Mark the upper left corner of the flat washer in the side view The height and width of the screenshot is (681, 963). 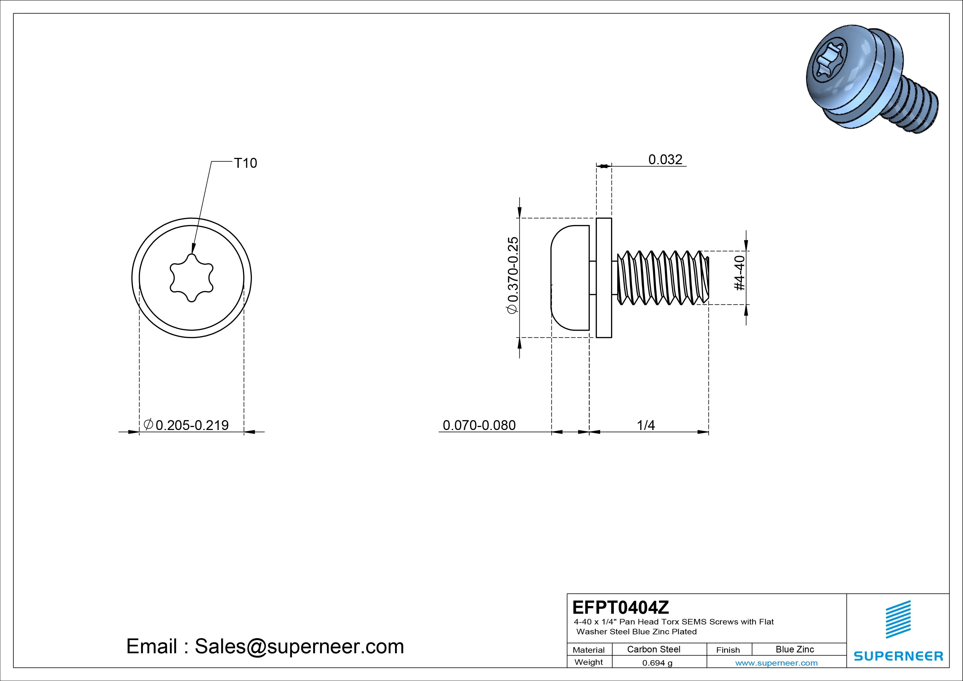coord(597,218)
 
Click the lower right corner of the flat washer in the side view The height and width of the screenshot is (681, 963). coord(612,337)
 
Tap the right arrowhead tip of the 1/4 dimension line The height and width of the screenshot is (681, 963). coord(709,432)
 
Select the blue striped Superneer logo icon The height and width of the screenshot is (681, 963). coord(898,619)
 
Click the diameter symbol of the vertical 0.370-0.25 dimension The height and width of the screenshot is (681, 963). coord(513,309)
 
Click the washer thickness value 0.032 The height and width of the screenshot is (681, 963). coord(665,160)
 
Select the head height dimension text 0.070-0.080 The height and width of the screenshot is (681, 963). coord(479,425)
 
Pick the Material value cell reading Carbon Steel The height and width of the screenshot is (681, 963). coord(653,649)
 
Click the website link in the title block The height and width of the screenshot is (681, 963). coord(776,663)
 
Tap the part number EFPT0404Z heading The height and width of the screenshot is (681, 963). coord(621,607)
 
